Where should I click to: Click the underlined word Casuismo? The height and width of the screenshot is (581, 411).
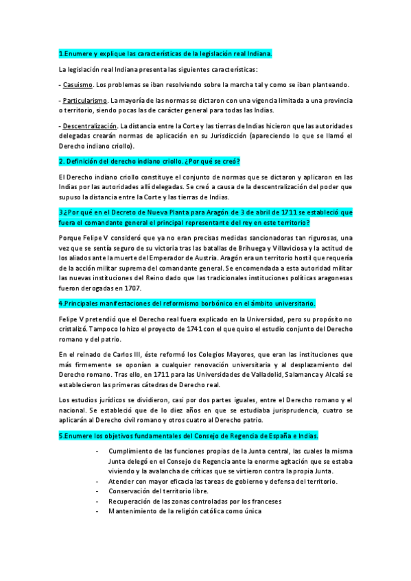(78, 85)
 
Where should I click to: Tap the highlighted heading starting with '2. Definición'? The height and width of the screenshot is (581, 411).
(149, 162)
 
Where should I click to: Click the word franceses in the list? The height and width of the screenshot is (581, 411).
(261, 501)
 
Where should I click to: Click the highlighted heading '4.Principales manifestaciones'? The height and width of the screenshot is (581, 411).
(187, 303)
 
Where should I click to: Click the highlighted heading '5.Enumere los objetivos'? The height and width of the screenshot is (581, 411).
(188, 436)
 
